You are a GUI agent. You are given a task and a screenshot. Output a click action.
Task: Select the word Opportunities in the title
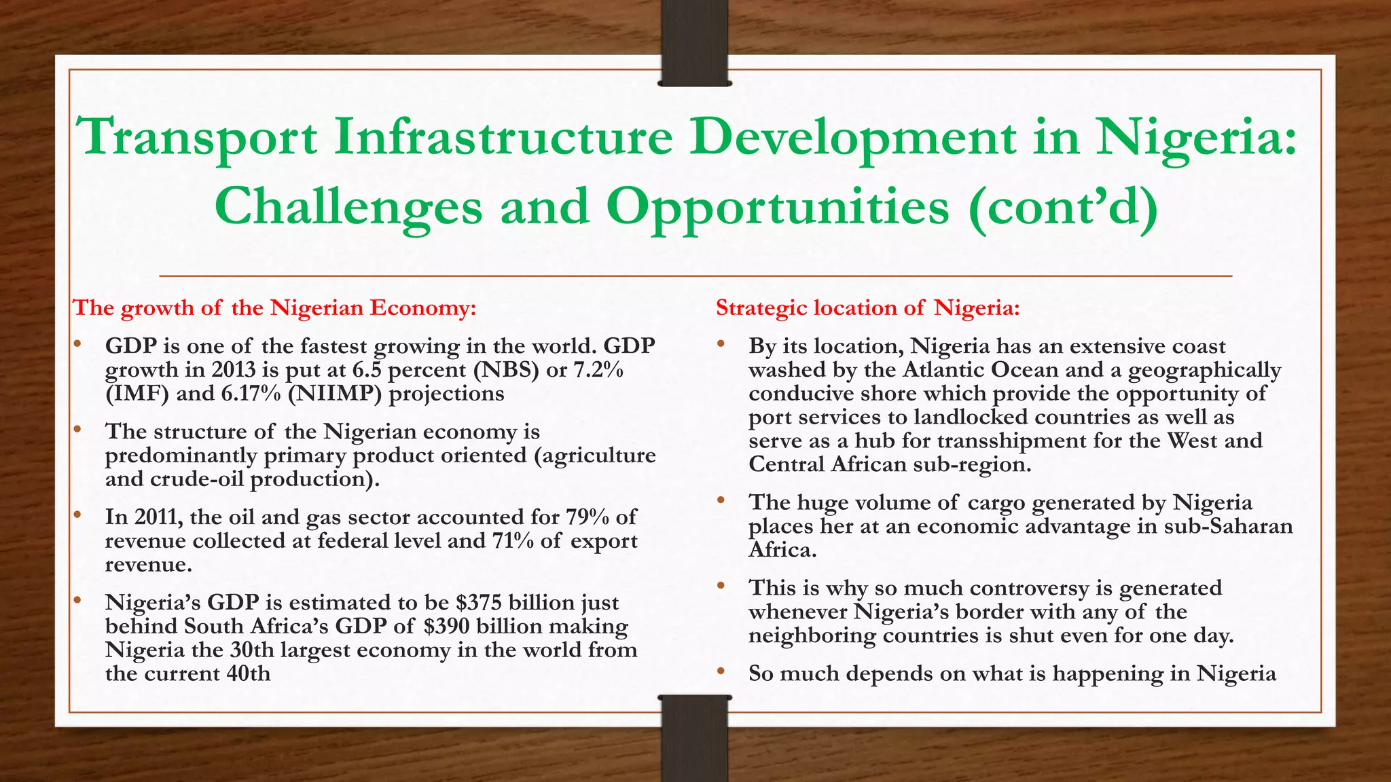point(778,208)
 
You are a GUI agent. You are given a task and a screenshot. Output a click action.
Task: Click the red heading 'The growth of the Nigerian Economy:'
point(274,308)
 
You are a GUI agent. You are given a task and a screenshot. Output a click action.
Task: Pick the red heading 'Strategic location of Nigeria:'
point(868,308)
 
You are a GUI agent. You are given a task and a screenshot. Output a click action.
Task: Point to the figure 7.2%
point(598,371)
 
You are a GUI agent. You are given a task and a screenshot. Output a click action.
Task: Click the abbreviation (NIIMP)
point(334,394)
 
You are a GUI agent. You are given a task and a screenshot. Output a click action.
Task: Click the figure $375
point(479,603)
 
